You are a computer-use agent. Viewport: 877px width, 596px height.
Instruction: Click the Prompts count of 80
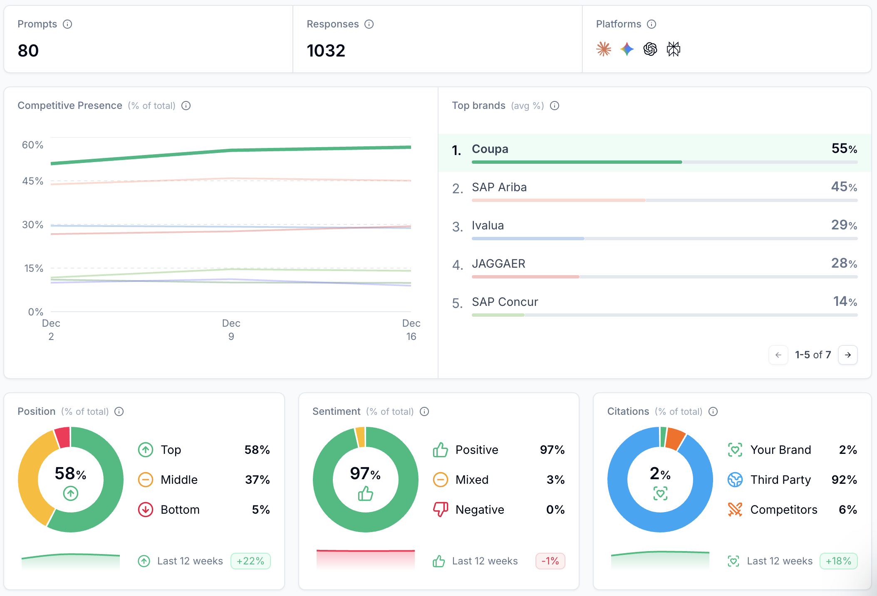28,51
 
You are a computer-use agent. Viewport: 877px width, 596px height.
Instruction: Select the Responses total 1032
326,51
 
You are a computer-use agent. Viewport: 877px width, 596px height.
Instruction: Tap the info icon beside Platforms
652,24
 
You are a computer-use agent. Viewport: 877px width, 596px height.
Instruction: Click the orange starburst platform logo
603,49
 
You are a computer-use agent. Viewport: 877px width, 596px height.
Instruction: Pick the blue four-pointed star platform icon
627,49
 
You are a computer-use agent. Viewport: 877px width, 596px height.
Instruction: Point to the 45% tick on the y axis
32,181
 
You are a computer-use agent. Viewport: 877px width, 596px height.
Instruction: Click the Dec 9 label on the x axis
231,330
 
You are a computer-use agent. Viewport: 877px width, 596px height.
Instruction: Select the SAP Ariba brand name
499,187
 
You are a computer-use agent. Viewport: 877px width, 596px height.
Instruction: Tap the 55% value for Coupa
844,148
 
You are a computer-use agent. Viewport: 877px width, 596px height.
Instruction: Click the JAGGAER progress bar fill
525,277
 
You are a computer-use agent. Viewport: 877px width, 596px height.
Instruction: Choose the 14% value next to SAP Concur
845,301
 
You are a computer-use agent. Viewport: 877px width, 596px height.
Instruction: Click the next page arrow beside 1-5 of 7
847,355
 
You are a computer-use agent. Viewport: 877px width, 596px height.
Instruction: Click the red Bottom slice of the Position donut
63,437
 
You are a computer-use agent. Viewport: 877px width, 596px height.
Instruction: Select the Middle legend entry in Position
179,480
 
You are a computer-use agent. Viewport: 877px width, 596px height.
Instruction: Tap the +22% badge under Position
250,561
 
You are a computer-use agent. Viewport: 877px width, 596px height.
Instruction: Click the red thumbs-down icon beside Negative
440,509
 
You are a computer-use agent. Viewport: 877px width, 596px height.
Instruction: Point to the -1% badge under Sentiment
550,561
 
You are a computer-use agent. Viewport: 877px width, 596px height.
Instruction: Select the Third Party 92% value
844,480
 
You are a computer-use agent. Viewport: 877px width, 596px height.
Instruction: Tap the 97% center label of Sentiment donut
365,473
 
